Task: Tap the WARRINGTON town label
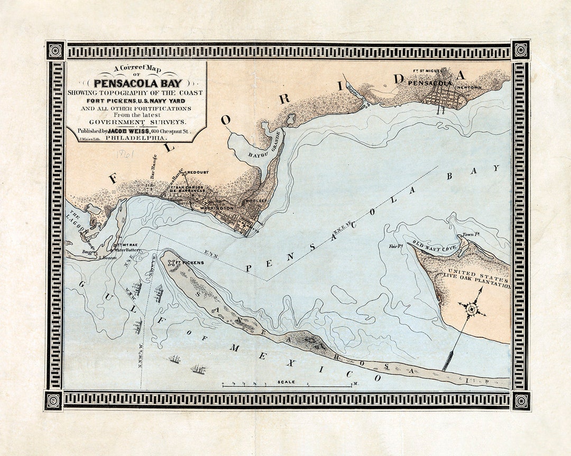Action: [216, 208]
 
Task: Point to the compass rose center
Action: [472, 308]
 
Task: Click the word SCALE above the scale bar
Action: [287, 382]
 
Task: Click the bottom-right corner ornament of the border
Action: [520, 401]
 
